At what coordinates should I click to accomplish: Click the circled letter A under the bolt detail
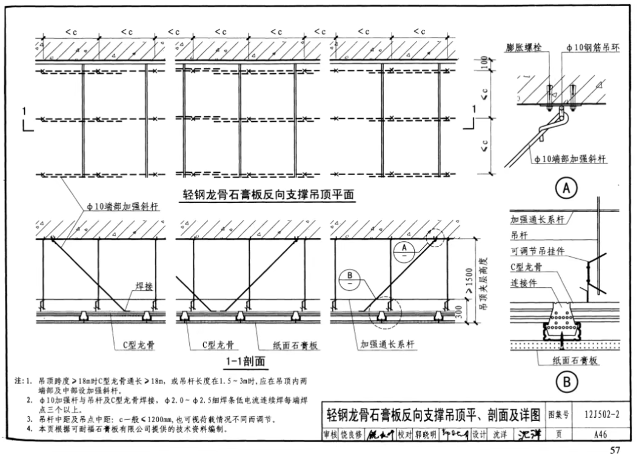tap(566, 189)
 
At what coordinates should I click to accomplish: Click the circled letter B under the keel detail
tap(566, 382)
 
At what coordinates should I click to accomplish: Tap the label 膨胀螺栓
tap(526, 47)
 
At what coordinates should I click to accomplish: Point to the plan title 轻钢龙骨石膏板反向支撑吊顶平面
tap(267, 195)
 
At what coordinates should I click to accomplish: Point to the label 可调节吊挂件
tap(537, 251)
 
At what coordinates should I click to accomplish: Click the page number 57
tap(615, 450)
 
